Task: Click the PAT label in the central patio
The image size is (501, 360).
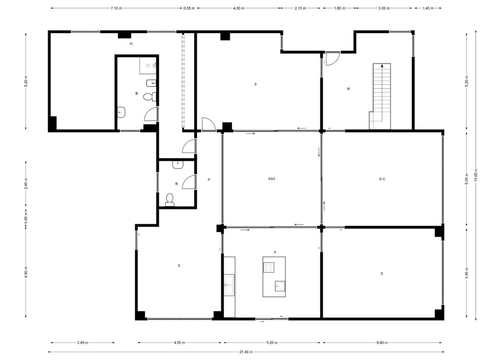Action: (272, 179)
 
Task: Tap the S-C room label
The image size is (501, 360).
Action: (382, 179)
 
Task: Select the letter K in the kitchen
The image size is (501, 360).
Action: (275, 252)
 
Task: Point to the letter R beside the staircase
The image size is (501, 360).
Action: (348, 89)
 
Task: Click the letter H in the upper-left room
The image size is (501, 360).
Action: (131, 43)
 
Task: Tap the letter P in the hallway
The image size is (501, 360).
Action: (209, 180)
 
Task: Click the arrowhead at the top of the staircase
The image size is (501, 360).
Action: (382, 65)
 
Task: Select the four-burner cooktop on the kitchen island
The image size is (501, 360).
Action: (269, 268)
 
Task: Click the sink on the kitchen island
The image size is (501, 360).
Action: (280, 286)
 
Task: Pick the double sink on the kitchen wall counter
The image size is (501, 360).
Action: (229, 285)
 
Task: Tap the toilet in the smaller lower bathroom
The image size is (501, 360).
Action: (170, 199)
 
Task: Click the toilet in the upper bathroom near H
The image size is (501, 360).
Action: (150, 97)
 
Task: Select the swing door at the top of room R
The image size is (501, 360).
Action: (333, 59)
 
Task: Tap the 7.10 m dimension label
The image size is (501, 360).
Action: (117, 8)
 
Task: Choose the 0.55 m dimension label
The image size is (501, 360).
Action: (189, 8)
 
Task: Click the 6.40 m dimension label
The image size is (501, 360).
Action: (382, 343)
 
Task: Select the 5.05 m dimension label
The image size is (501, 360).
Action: (466, 178)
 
